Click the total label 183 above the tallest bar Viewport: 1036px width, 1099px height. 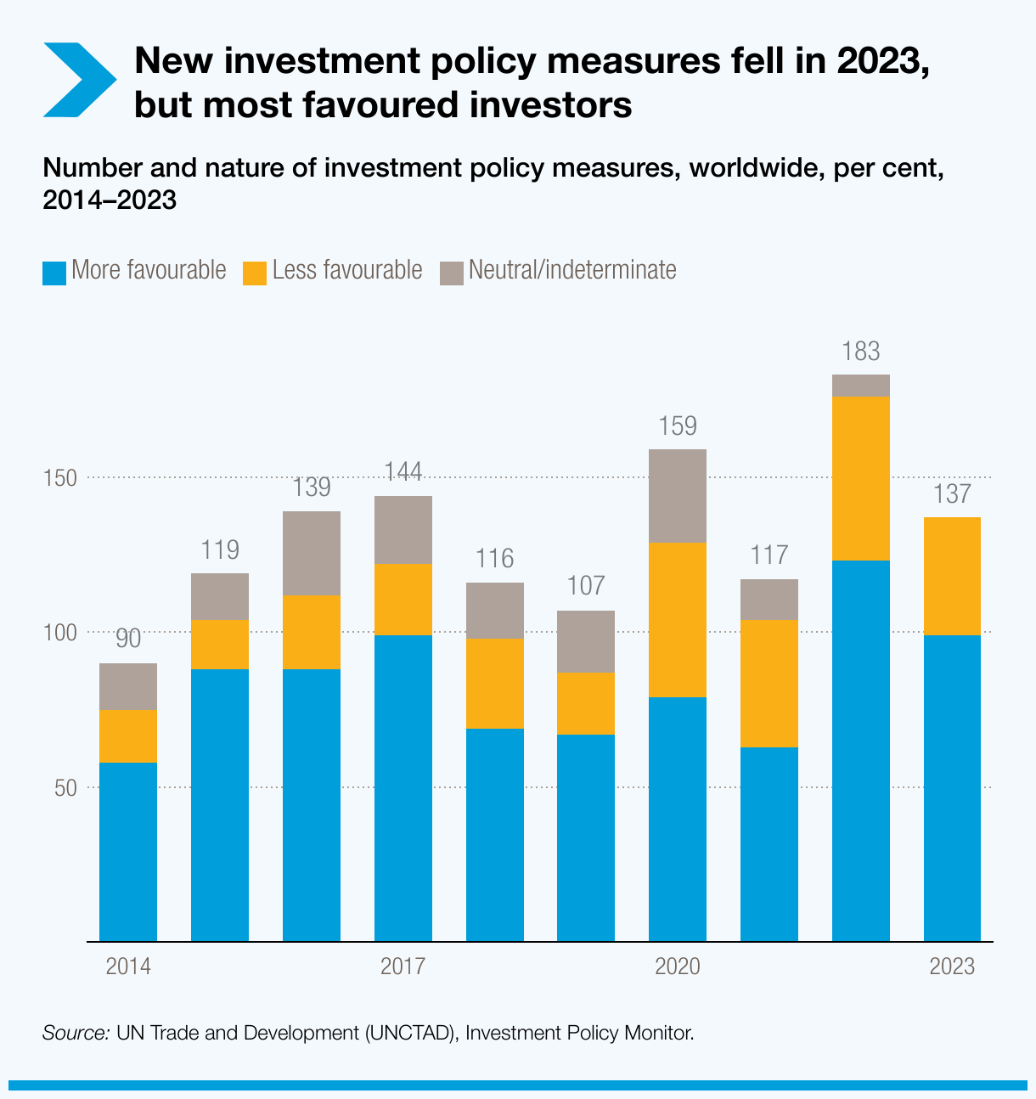tap(861, 352)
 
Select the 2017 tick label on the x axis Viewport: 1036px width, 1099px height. tap(403, 967)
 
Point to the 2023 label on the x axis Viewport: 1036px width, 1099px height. tap(952, 967)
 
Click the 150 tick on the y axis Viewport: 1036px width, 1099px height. tap(60, 478)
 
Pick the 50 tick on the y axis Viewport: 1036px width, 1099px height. tap(65, 788)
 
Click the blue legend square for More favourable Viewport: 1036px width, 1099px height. tap(54, 273)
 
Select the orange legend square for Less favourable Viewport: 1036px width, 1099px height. tap(255, 273)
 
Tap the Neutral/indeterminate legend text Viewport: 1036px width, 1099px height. tap(572, 270)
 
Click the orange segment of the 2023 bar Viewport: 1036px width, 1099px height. tap(952, 576)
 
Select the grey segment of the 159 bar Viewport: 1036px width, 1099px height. tap(678, 496)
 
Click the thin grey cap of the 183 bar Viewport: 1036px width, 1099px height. tap(861, 386)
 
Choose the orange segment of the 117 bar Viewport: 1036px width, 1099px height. tap(769, 684)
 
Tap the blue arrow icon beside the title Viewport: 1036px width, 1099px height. tap(78, 80)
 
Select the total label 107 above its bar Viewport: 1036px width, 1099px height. tap(586, 586)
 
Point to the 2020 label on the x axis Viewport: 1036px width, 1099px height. tap(678, 967)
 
